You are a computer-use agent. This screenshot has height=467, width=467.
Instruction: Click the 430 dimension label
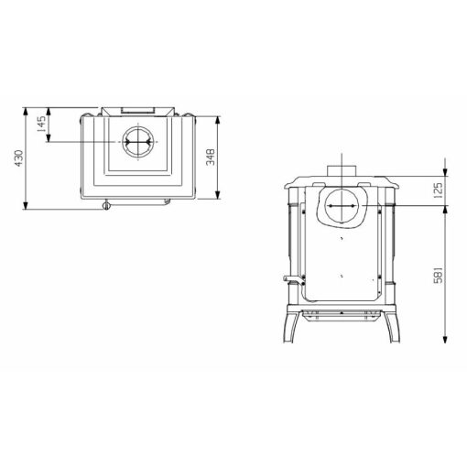[x=19, y=158]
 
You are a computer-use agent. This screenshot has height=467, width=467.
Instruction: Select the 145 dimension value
[x=41, y=124]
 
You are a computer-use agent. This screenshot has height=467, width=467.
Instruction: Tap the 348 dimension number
[x=211, y=157]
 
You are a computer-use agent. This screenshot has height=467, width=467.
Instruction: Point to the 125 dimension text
[x=439, y=190]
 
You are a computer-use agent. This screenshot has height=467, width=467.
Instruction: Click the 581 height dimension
[x=439, y=275]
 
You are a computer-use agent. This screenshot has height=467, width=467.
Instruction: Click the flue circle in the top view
[x=138, y=142]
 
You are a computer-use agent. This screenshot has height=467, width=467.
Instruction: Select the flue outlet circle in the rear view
[x=341, y=206]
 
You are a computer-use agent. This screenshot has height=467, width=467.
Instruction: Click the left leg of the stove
[x=291, y=327]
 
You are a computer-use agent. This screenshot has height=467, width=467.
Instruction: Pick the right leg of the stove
[x=392, y=327]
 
